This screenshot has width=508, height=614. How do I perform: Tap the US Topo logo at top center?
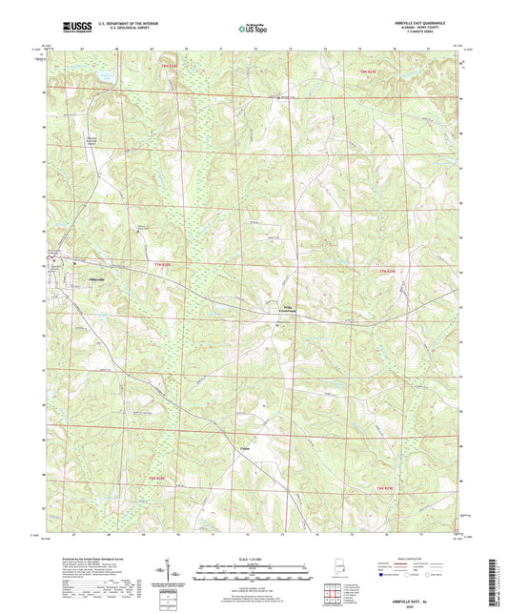point(252,29)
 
